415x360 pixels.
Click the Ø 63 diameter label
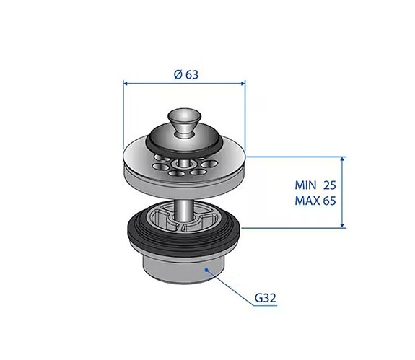[x=186, y=74]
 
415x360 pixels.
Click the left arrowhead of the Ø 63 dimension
[x=128, y=83]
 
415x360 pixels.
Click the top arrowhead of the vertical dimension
[x=342, y=158]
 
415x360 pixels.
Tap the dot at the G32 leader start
[x=207, y=269]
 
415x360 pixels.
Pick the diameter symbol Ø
[x=177, y=74]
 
